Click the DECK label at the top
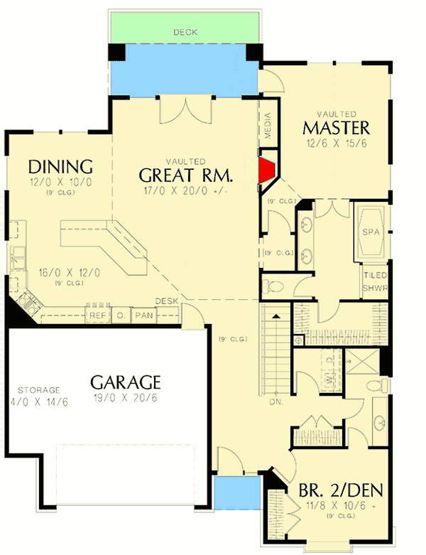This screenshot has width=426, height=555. [185, 32]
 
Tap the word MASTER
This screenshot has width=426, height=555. [337, 128]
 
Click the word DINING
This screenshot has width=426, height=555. [60, 167]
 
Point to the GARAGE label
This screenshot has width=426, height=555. [126, 382]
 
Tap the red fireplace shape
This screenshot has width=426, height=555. [267, 171]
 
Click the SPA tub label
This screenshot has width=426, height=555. [371, 232]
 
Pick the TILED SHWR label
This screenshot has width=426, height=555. [372, 282]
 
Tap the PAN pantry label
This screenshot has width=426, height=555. [144, 315]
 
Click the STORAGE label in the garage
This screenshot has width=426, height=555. [40, 390]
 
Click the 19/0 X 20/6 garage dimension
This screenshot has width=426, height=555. [126, 398]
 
